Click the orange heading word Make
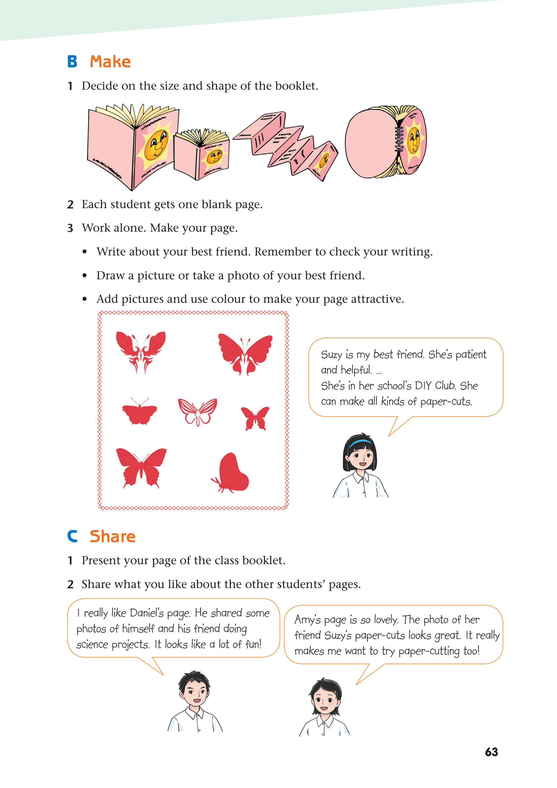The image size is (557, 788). (110, 62)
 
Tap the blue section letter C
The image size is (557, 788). (72, 536)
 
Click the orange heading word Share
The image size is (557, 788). (113, 536)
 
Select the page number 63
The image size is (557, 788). (491, 752)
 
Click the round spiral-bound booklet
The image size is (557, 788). (386, 142)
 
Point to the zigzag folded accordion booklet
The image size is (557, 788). (286, 145)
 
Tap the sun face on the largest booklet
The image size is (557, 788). (156, 144)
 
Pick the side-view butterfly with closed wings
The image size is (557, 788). (230, 472)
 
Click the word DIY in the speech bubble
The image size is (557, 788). (423, 386)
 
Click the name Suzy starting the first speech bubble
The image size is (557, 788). (332, 355)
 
